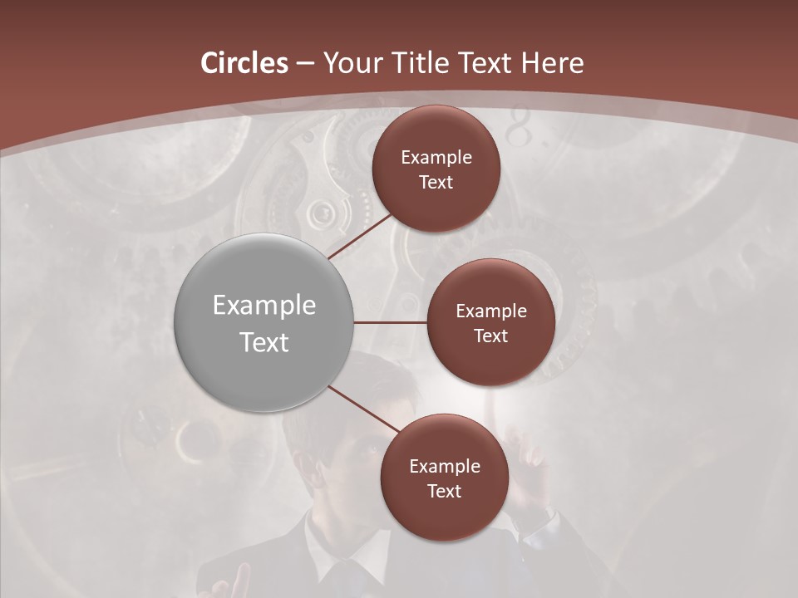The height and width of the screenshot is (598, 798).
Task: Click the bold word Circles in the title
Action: click(x=244, y=63)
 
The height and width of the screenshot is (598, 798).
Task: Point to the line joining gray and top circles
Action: click(x=361, y=236)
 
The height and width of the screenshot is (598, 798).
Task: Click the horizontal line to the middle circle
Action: click(x=390, y=322)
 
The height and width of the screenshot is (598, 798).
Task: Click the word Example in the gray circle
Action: click(x=264, y=306)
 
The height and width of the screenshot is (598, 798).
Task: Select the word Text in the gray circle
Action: click(x=264, y=342)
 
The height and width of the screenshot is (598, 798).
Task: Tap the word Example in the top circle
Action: click(x=436, y=158)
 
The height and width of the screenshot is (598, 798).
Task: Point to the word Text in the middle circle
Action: click(x=490, y=336)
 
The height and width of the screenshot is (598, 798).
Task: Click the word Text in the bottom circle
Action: click(x=444, y=492)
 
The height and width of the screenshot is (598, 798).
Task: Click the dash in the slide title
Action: click(x=305, y=64)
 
